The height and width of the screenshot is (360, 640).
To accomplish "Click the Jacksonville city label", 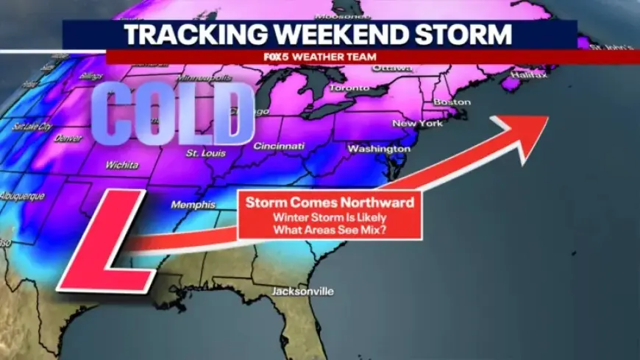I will (x=302, y=292).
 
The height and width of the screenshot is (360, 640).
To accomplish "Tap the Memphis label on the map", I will (x=193, y=205).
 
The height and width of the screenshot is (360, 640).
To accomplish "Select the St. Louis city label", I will (x=202, y=153).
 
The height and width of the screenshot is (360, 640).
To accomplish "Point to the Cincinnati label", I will (x=279, y=146).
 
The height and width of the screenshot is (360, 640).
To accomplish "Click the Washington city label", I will (x=378, y=149).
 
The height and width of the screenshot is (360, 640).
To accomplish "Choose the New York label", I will (x=418, y=123).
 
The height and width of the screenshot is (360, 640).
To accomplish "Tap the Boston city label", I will (x=452, y=102).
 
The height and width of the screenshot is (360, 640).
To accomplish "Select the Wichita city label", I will (x=121, y=165).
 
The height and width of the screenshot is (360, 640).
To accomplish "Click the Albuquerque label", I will (x=22, y=197).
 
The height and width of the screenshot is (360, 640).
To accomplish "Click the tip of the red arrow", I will (x=547, y=118).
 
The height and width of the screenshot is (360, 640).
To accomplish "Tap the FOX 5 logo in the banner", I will (x=293, y=57).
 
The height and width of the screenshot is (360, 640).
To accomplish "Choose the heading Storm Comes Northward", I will (x=329, y=202).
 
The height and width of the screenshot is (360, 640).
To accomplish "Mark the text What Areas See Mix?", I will (x=329, y=229).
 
